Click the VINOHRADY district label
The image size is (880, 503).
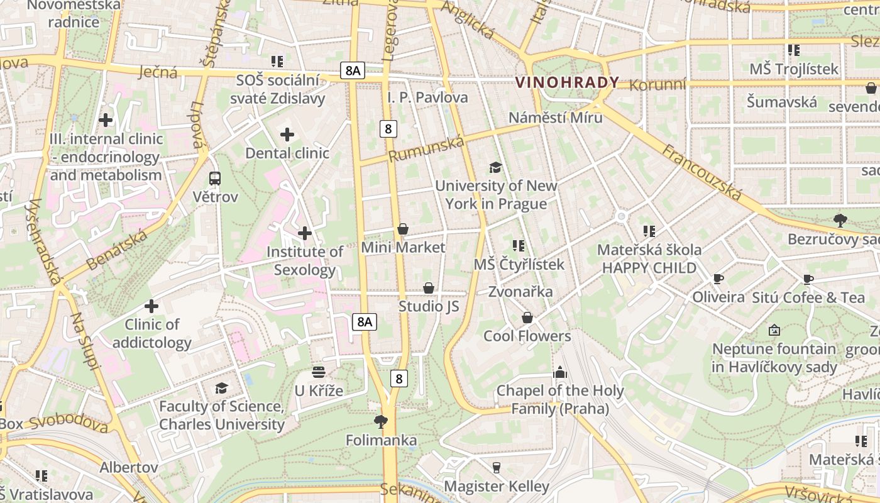(x=567, y=82)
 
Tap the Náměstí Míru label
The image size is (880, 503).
(x=555, y=118)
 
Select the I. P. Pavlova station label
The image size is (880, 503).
(x=427, y=97)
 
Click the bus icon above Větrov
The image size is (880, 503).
(x=215, y=179)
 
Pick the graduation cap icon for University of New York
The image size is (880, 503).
(x=496, y=167)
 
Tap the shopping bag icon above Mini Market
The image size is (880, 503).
(x=403, y=229)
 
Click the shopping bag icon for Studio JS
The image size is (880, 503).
(x=429, y=288)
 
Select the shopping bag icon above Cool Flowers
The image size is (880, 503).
(x=527, y=318)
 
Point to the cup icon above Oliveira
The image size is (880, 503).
(x=718, y=279)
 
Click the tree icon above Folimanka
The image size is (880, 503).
(x=381, y=421)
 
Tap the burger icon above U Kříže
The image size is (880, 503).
(x=319, y=372)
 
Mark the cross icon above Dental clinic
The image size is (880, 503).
(x=287, y=134)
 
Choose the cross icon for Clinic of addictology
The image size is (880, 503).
(x=151, y=306)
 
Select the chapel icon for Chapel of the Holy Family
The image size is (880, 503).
(x=560, y=372)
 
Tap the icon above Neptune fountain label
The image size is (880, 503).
(x=774, y=330)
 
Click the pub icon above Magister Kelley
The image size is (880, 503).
(x=497, y=467)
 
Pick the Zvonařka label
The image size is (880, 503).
(x=520, y=291)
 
